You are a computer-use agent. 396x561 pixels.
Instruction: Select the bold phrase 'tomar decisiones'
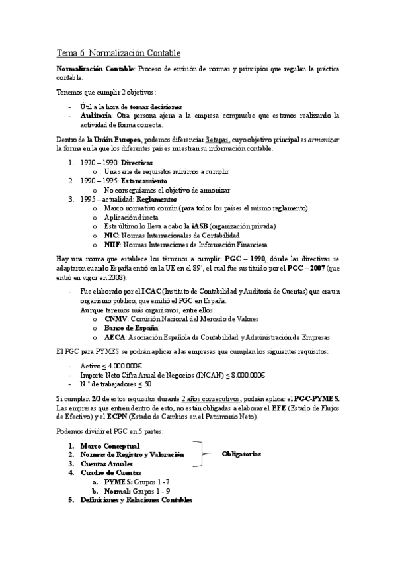point(156,107)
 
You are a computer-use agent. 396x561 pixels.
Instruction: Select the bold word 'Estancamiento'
point(143,181)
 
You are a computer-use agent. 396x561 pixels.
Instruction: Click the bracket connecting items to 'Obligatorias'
point(199,454)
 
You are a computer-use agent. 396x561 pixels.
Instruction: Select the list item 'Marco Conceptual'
point(110,445)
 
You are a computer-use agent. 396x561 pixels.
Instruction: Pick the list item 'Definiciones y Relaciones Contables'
point(136,500)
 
